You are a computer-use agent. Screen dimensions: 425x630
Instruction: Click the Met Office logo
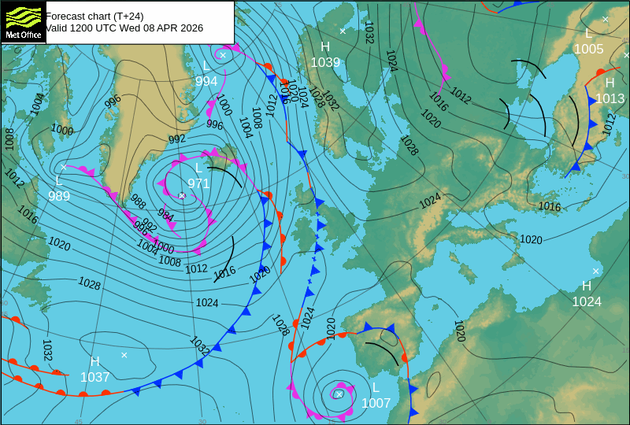[23, 21]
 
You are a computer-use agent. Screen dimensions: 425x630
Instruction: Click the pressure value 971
[198, 183]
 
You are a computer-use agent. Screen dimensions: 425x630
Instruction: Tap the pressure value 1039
[325, 63]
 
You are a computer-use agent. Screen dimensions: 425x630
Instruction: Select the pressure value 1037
[94, 377]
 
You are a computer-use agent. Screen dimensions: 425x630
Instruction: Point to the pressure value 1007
[376, 403]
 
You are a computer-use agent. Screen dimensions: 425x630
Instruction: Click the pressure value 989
[59, 196]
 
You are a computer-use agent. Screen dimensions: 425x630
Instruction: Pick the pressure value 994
[206, 81]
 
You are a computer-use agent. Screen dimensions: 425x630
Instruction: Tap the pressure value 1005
[588, 49]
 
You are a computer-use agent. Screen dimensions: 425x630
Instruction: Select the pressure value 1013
[610, 98]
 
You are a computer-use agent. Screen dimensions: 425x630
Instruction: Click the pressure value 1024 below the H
[587, 301]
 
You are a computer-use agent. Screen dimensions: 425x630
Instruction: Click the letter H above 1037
[94, 362]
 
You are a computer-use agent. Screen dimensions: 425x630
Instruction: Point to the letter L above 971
[198, 168]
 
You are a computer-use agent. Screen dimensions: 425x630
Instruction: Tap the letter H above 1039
[325, 47]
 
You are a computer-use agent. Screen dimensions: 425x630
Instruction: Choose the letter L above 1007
[376, 388]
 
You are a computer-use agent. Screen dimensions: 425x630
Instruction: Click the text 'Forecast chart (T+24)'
[94, 15]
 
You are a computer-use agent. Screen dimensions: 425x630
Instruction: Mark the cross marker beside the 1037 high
[124, 355]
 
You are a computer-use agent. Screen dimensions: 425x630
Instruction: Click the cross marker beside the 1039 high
[343, 31]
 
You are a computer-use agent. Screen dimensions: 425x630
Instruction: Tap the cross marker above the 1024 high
[596, 271]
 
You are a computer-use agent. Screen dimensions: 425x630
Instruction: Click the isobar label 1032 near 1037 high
[46, 349]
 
